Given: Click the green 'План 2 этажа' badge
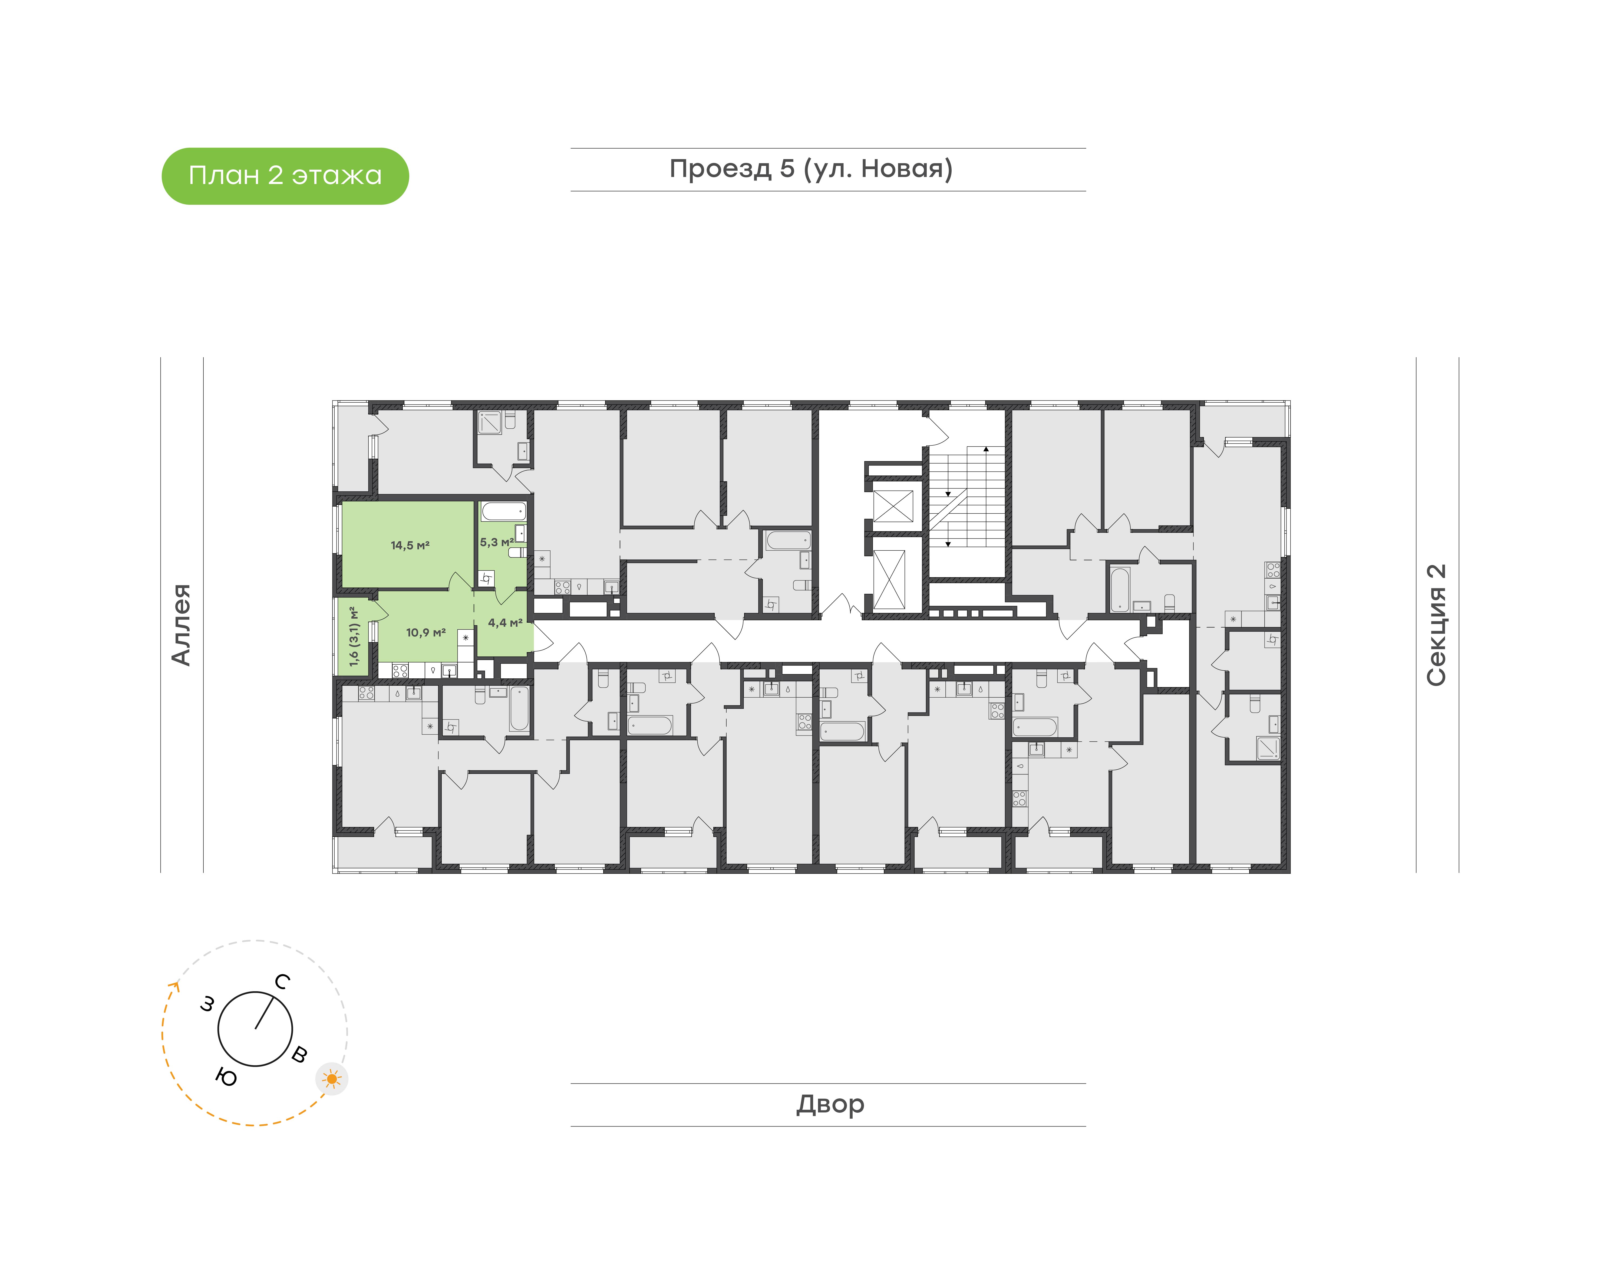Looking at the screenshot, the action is coord(285,176).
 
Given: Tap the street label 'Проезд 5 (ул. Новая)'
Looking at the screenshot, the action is coord(811,169).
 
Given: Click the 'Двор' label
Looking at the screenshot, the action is coord(830,1104).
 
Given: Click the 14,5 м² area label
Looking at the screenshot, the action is coord(410,545).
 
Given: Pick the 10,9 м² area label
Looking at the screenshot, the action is coord(426,632).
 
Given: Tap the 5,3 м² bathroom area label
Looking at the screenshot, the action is coord(497,542).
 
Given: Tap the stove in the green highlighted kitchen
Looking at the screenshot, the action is coord(400,671).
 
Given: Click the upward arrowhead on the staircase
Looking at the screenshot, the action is coord(986,449).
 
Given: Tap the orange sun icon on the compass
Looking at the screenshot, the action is coord(332,1079).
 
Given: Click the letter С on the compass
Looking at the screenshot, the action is coord(282,981).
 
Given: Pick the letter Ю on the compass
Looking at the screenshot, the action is coord(226,1077).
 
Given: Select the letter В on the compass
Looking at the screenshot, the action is coord(299,1054).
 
